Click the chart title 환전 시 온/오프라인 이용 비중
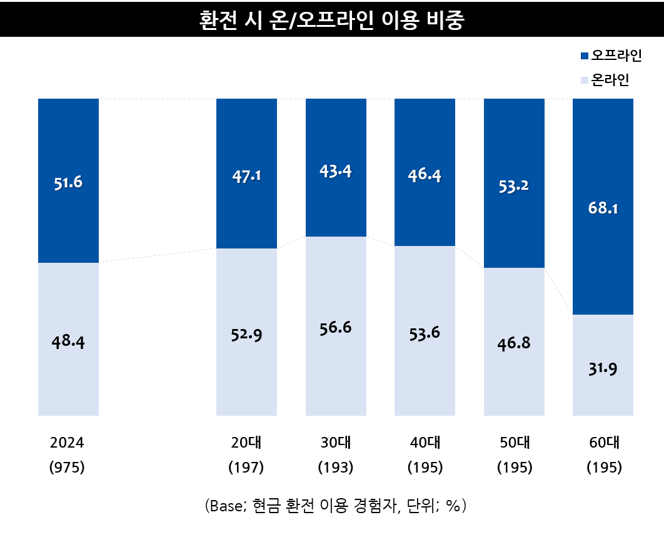332,19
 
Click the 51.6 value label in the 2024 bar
68,182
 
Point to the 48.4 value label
68,341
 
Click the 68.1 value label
603,208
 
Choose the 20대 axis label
246,443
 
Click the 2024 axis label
67,443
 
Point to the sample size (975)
67,467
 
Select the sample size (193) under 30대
336,467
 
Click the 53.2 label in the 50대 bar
514,185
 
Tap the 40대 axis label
425,443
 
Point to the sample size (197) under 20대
246,467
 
